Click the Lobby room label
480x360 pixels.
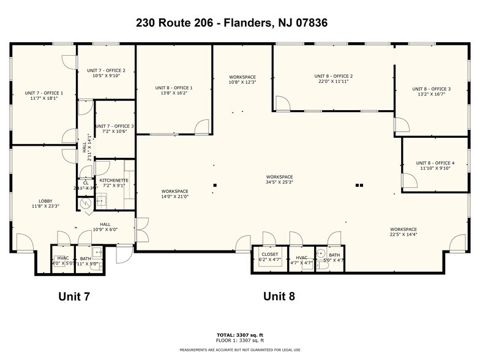46,203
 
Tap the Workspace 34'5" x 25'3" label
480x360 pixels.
279,179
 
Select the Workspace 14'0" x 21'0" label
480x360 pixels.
174,194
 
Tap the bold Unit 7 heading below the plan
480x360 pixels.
74,297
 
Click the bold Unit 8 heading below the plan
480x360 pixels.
279,297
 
